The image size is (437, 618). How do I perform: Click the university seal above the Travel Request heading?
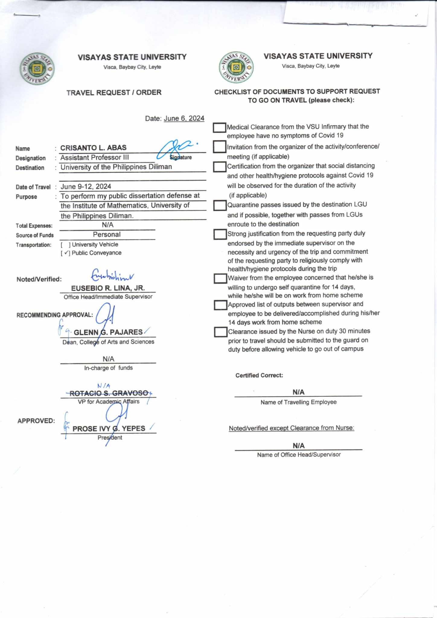click(37, 69)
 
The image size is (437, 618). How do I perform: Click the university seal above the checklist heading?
click(236, 67)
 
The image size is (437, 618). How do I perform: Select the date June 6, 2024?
click(184, 118)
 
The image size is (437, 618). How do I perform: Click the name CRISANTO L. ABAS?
click(93, 148)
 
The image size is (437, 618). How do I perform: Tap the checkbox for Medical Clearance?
click(219, 128)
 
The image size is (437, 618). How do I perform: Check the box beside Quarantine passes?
click(220, 205)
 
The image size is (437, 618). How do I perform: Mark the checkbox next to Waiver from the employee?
click(220, 279)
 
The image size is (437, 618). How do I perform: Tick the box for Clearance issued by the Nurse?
click(220, 332)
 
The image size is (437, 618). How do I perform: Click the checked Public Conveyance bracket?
click(65, 253)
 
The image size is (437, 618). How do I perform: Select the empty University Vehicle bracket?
click(65, 245)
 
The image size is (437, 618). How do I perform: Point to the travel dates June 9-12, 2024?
click(86, 186)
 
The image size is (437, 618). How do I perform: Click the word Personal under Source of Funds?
click(107, 234)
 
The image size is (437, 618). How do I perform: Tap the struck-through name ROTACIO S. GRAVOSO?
click(109, 393)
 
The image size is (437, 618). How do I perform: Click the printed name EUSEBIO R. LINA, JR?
click(108, 288)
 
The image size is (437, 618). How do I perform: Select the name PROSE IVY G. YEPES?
click(109, 428)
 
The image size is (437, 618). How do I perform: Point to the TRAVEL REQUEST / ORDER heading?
click(114, 93)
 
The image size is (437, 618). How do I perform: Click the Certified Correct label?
click(259, 375)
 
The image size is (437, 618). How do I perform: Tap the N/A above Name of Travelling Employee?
click(298, 392)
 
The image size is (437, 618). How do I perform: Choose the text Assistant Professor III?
click(95, 158)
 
